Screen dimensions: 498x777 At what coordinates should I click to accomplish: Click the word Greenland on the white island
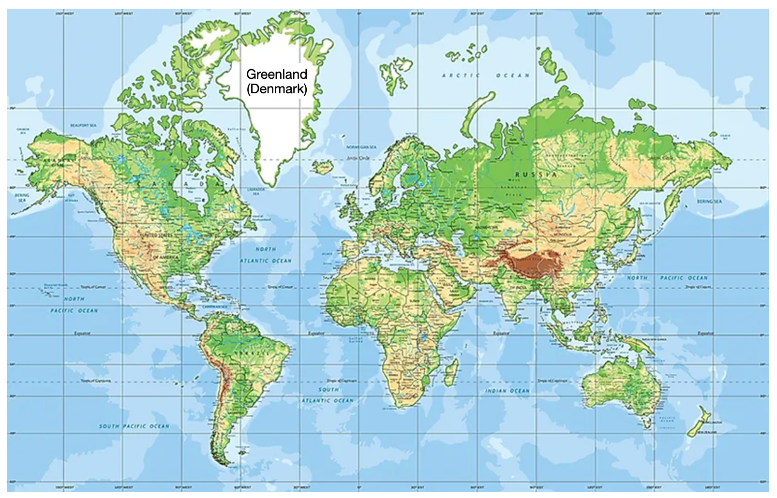(x=276, y=74)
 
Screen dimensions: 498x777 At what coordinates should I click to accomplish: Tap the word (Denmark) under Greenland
(x=276, y=89)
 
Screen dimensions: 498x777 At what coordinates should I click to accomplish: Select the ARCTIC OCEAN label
(x=486, y=75)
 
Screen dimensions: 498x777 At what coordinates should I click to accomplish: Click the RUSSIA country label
(x=536, y=174)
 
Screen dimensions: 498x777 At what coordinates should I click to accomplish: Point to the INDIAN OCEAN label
(x=508, y=391)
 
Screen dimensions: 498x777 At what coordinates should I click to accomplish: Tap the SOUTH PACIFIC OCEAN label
(x=134, y=426)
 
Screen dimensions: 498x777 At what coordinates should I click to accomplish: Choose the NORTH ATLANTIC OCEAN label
(x=266, y=255)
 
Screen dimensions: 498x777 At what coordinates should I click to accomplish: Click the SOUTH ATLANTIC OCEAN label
(x=329, y=395)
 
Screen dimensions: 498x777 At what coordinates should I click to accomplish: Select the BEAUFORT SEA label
(x=83, y=126)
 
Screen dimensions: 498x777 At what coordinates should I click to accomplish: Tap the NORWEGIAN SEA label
(x=361, y=147)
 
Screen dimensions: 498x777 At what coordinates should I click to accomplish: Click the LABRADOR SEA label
(x=255, y=191)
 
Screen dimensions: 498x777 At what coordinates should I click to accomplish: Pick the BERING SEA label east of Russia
(x=709, y=201)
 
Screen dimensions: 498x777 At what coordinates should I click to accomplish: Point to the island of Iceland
(x=322, y=168)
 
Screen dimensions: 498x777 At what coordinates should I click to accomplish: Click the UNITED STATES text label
(x=156, y=235)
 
